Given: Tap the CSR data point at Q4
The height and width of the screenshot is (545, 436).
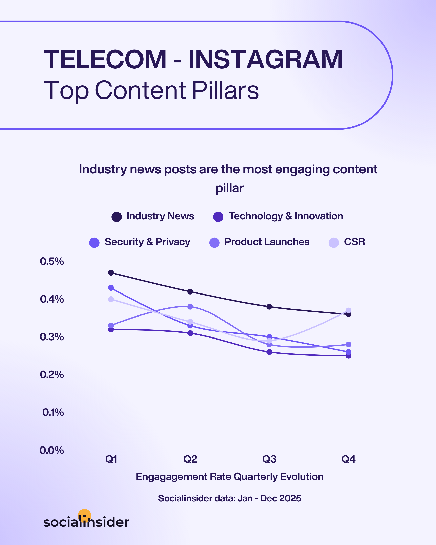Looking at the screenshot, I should [x=348, y=310].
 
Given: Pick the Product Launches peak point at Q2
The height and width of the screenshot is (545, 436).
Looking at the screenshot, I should [x=190, y=307].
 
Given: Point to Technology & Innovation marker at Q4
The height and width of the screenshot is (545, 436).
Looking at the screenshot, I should [x=348, y=356].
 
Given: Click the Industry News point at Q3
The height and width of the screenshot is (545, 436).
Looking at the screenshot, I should [x=269, y=307].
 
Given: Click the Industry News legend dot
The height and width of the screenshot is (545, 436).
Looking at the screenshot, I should [x=116, y=217].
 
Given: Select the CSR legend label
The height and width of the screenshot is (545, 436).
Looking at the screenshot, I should [x=354, y=242].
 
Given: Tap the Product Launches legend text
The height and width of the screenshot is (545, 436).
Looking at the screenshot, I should [x=267, y=242].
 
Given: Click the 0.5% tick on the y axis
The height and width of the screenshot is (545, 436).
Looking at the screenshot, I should [x=52, y=261].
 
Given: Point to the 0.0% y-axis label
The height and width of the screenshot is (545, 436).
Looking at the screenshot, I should [x=52, y=450].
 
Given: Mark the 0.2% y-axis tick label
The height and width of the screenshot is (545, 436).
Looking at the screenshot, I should [x=52, y=375].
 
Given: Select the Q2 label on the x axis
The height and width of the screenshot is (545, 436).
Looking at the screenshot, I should [x=190, y=459].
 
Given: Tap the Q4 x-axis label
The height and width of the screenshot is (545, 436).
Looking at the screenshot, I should [x=348, y=459].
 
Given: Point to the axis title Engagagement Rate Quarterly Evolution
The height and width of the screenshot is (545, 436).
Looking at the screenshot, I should [x=230, y=477].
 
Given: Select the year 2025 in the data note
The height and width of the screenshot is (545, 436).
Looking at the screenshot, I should [x=290, y=498].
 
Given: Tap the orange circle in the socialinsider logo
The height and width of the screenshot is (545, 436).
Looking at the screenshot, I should [x=84, y=515].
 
